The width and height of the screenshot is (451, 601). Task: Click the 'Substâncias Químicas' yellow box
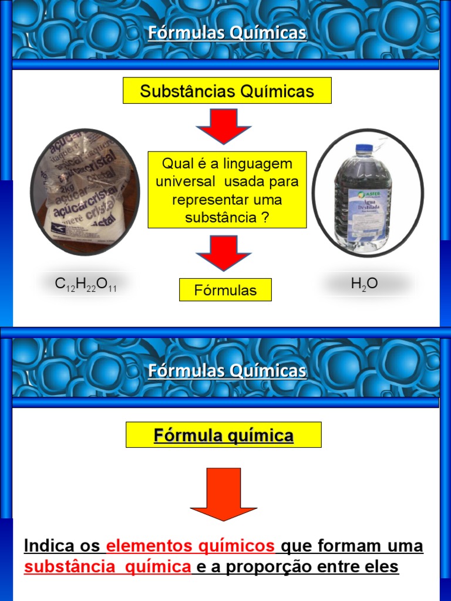point(227,91)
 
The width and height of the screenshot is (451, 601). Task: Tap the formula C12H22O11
point(86,284)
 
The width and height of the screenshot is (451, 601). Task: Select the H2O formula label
point(364,284)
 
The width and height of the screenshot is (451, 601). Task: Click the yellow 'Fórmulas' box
point(225,290)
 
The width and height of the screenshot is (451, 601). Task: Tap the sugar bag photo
point(85,191)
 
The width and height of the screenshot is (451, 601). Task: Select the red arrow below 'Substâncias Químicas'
point(223,126)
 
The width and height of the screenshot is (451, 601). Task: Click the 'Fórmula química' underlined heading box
point(224,435)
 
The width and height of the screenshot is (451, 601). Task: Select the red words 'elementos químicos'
point(191,546)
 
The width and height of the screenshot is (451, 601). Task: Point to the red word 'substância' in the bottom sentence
point(62,568)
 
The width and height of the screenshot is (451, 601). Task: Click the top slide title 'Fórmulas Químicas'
point(227,33)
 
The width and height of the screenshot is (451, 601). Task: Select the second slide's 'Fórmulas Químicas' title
point(227,371)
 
